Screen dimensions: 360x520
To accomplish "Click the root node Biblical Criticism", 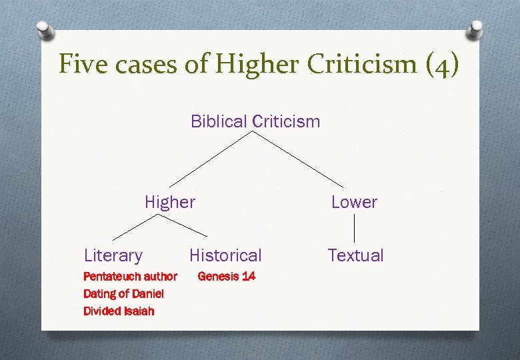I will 255,121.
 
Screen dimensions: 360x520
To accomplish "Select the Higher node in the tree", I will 170,202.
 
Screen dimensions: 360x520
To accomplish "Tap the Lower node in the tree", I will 354,202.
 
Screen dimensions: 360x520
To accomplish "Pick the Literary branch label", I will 113,255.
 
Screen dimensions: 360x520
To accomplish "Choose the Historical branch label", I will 225,255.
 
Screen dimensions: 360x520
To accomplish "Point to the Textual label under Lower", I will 355,255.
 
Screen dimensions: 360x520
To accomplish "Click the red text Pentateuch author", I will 130,276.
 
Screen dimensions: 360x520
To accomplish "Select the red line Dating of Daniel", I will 123,293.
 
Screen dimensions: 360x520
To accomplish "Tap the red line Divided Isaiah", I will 119,311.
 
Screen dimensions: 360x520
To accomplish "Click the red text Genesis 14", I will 226,276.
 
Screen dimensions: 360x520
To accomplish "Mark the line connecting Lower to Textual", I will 354,228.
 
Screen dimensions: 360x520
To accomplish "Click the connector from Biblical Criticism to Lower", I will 299,159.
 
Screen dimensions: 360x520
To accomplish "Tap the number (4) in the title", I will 439,65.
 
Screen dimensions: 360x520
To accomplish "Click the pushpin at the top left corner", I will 44,29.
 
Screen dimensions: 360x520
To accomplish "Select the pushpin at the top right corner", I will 475,28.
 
